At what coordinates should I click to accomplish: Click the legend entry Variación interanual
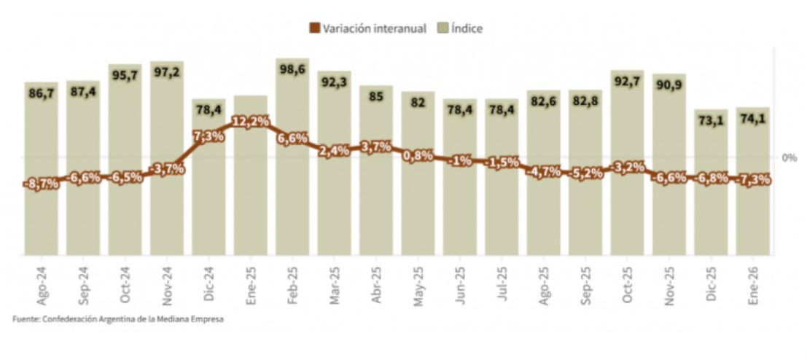[x=368, y=28]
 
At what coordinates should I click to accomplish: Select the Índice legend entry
[x=461, y=28]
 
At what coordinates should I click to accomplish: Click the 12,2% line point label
[x=251, y=122]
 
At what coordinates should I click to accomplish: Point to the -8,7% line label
[x=42, y=184]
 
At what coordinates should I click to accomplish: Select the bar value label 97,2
[x=168, y=73]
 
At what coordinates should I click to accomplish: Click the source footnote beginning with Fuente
[x=117, y=318]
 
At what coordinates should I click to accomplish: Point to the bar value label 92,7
[x=627, y=82]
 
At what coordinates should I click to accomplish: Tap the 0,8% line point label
[x=418, y=154]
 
